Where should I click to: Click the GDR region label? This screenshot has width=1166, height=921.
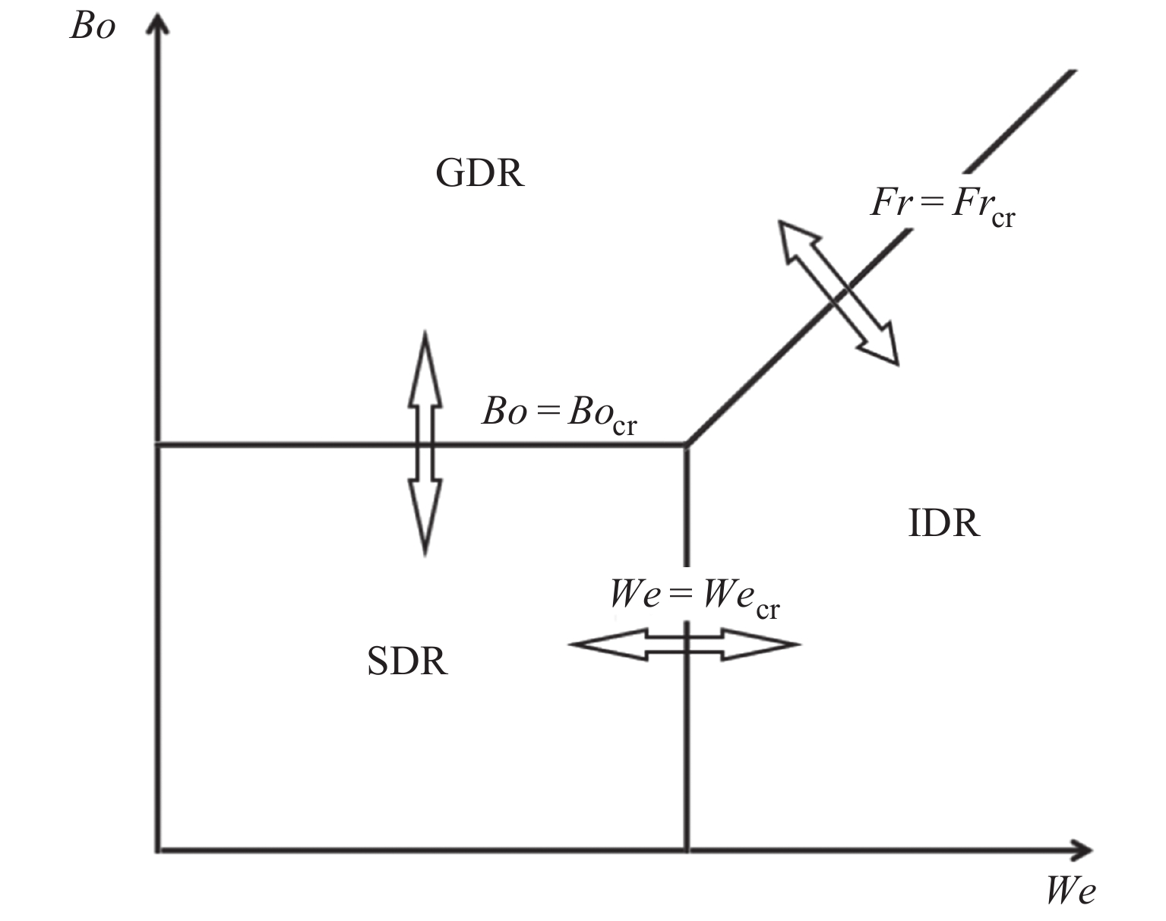(479, 174)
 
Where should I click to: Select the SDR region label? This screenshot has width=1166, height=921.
(407, 661)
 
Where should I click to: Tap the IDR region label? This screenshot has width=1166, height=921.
(943, 523)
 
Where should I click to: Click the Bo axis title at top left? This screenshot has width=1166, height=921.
(93, 27)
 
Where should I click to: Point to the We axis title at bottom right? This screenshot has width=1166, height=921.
(1071, 891)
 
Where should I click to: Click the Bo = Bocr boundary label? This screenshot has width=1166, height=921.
(558, 415)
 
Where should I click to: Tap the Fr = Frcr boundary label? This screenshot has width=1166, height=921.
(942, 205)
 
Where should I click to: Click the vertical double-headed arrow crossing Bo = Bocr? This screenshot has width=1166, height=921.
(425, 444)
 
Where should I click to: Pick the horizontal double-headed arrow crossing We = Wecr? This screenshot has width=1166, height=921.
(684, 645)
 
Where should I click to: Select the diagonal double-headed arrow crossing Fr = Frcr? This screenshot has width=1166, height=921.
(839, 292)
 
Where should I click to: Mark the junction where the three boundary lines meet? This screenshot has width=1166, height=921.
(687, 444)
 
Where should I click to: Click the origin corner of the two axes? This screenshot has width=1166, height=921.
(158, 850)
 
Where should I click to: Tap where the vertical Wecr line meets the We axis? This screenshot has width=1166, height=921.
(687, 850)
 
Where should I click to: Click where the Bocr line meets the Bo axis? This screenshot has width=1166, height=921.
(158, 444)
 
